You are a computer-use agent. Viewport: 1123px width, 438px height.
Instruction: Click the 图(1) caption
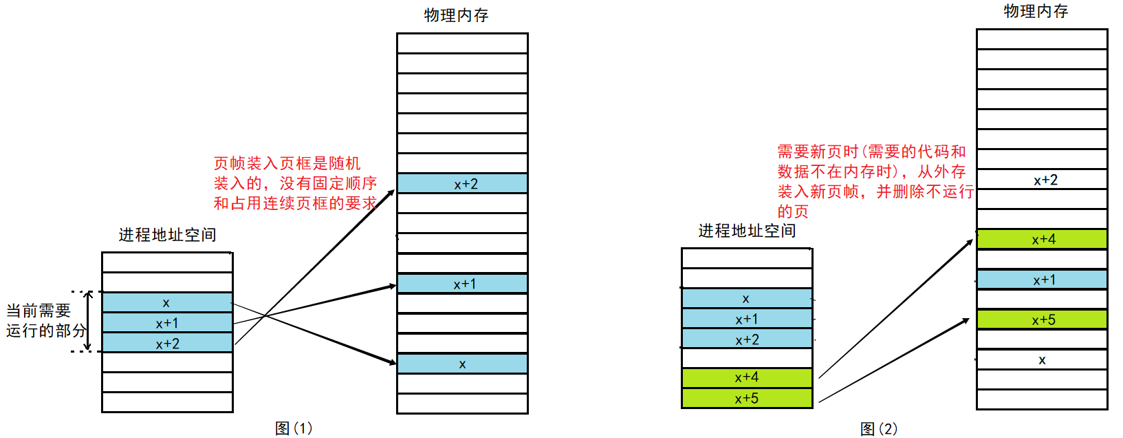pyautogui.click(x=294, y=428)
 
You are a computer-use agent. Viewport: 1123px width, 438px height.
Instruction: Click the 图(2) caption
pyautogui.click(x=879, y=429)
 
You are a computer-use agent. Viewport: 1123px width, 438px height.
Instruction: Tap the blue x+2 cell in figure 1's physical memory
pyautogui.click(x=462, y=184)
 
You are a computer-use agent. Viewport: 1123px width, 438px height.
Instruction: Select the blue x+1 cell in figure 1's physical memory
pyautogui.click(x=462, y=284)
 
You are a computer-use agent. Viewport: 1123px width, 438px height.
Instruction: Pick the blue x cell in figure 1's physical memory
pyautogui.click(x=462, y=364)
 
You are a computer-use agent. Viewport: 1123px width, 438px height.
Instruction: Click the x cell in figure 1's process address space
pyautogui.click(x=167, y=302)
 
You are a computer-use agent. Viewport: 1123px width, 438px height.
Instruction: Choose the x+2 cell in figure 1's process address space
pyautogui.click(x=167, y=343)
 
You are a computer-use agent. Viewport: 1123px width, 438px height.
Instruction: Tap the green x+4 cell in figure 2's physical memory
pyautogui.click(x=1042, y=239)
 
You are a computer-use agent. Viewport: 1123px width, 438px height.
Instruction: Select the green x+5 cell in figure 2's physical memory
pyautogui.click(x=1042, y=320)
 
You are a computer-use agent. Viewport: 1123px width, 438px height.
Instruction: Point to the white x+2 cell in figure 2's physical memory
pyautogui.click(x=1042, y=180)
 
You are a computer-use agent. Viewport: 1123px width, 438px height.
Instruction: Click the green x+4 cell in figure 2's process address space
pyautogui.click(x=747, y=377)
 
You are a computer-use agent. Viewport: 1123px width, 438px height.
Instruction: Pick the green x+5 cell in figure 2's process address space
pyautogui.click(x=747, y=398)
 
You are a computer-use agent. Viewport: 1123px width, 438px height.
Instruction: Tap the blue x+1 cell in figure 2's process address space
pyautogui.click(x=747, y=319)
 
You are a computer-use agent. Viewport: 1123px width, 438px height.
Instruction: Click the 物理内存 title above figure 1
pyautogui.click(x=456, y=15)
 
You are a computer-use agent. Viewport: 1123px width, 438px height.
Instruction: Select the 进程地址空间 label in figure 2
pyautogui.click(x=747, y=231)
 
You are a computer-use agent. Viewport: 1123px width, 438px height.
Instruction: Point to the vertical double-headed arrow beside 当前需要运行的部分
pyautogui.click(x=88, y=322)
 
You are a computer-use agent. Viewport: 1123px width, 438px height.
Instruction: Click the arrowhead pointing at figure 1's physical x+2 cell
pyautogui.click(x=391, y=193)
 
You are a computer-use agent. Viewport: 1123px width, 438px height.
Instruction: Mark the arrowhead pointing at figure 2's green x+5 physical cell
pyautogui.click(x=966, y=322)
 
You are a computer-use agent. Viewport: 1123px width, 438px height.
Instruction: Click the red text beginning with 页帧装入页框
pyautogui.click(x=295, y=183)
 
